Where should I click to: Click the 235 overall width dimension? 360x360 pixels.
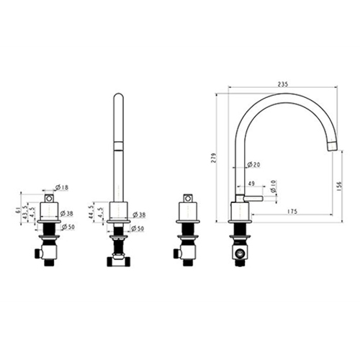[282, 84]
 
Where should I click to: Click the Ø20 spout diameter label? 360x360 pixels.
[252, 165]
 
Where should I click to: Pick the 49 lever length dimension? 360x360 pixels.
[251, 184]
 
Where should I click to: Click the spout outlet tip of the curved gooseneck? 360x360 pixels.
[332, 148]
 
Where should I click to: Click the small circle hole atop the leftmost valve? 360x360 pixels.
[48, 197]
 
